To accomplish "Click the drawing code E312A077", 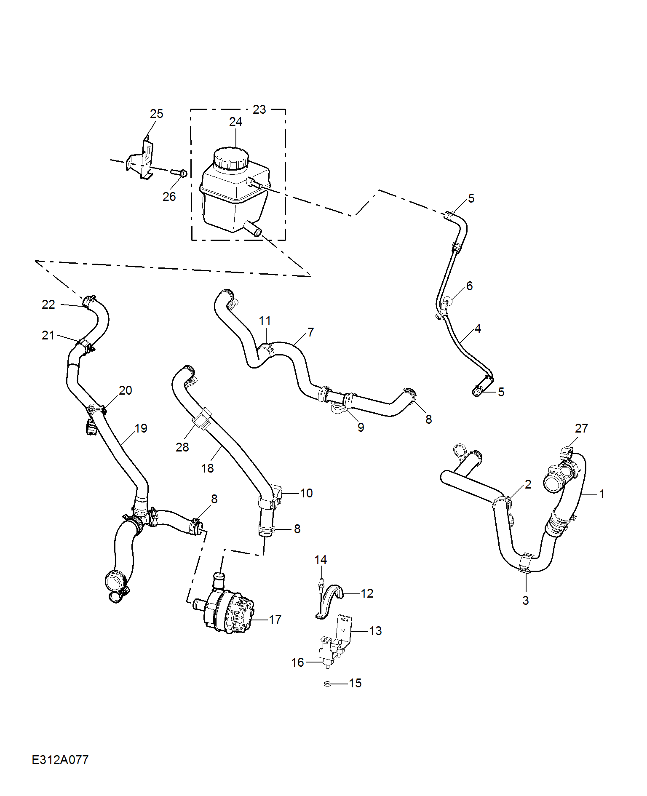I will [x=60, y=760].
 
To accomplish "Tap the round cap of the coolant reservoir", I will [x=231, y=158].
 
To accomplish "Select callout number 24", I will [x=235, y=122].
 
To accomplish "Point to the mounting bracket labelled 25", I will [x=142, y=161].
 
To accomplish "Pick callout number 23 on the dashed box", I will [x=259, y=110].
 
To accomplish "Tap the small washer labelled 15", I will [x=326, y=683].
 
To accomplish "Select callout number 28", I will [x=182, y=447].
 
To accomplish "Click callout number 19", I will [x=141, y=428].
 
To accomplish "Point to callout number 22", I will [x=48, y=305].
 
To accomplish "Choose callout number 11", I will [x=265, y=321].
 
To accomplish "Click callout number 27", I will [x=581, y=428].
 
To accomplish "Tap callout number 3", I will [x=525, y=601].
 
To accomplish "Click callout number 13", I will [x=375, y=631].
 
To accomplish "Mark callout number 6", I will [x=469, y=286].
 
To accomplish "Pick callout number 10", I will [x=306, y=493].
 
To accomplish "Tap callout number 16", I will [x=297, y=662].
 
